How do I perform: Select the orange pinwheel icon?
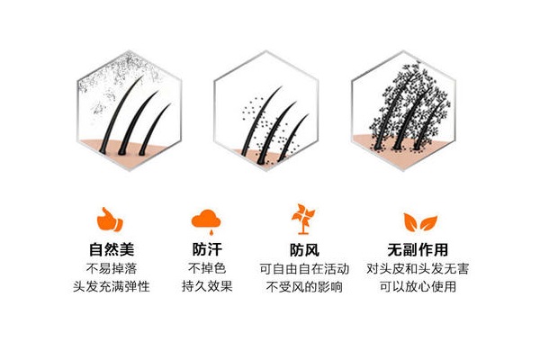(303, 219)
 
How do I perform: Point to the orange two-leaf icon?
(420, 222)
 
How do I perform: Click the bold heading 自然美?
(112, 249)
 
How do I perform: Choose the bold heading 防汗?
(207, 249)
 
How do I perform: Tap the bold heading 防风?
(304, 250)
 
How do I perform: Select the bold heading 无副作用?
(418, 250)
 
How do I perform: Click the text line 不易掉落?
(112, 268)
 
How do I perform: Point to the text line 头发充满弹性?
(112, 286)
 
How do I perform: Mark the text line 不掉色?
(207, 268)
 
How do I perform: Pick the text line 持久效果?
(207, 286)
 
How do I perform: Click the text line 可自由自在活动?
(304, 269)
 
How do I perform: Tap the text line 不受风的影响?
(304, 286)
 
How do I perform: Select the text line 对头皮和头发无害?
(418, 269)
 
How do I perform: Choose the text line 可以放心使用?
(418, 286)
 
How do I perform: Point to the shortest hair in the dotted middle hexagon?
(292, 138)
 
